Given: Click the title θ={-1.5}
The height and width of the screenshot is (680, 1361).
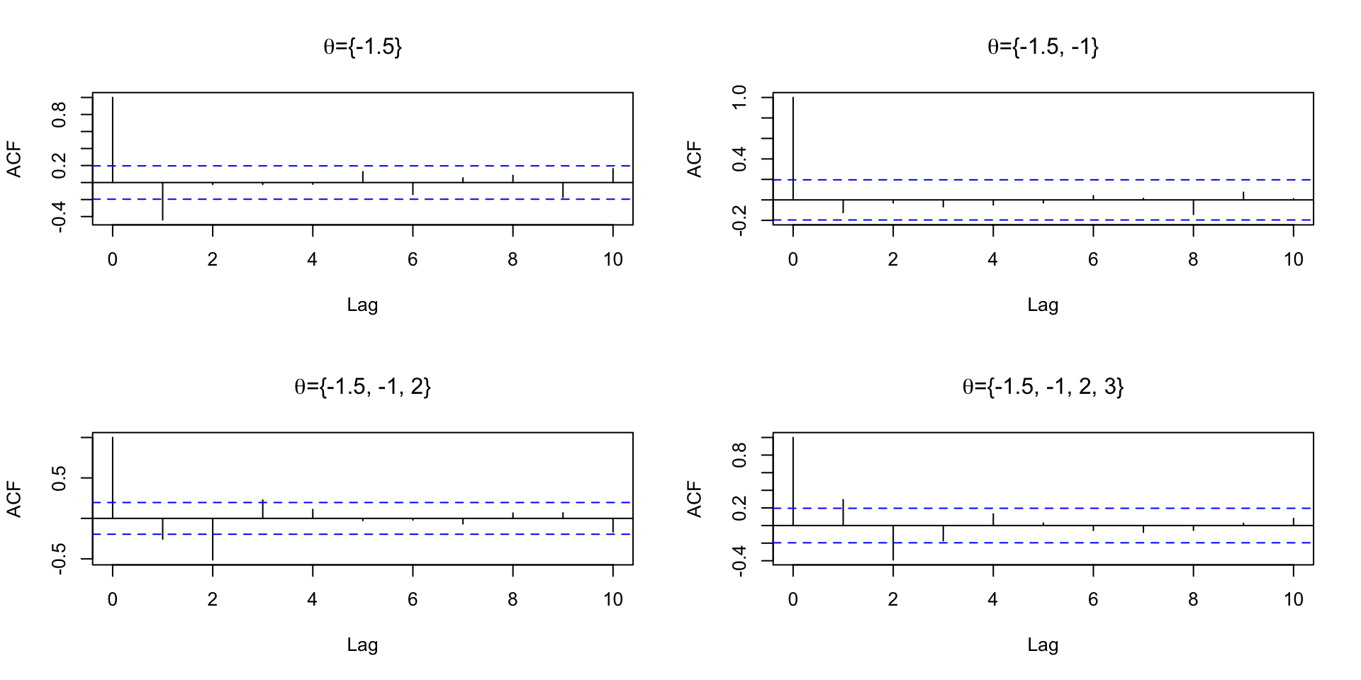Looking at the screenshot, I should click(362, 47).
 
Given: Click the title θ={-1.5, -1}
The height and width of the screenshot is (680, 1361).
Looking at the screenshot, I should click(1043, 47).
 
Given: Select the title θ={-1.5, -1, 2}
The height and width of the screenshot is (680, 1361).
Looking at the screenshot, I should click(362, 387).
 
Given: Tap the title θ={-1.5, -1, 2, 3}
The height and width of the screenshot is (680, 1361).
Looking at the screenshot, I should click(1043, 387).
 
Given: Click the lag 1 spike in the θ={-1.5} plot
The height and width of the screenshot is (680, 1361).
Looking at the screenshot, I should click(162, 201).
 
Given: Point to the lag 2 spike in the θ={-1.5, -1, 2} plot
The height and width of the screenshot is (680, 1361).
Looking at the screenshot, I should click(213, 539).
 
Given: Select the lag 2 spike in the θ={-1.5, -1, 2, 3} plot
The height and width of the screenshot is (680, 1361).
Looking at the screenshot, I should click(892, 543).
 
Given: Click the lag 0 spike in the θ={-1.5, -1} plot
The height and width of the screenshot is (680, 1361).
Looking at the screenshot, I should click(792, 149).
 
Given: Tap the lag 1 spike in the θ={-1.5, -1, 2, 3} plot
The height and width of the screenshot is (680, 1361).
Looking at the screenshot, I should click(843, 513).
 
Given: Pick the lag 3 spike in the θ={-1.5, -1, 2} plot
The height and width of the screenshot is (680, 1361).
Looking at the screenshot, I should click(263, 509).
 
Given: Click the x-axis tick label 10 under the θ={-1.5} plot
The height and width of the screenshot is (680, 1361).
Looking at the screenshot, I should click(613, 260).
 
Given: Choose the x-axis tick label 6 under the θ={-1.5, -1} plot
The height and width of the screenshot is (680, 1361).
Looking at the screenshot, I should click(1093, 260).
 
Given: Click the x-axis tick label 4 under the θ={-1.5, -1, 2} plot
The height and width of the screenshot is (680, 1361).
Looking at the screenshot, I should click(313, 600).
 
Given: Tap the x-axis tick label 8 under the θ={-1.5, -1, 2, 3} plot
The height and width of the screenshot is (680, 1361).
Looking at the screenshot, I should click(1193, 600).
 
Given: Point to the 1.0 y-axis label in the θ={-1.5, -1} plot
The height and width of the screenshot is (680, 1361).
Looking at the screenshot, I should click(739, 97).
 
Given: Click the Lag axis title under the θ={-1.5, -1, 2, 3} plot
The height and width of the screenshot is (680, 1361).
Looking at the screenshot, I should click(1043, 645).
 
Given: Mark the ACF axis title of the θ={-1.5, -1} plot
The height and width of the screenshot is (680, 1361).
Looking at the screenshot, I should click(694, 159).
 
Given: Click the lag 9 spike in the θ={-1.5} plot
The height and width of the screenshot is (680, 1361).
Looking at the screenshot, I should click(563, 191).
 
